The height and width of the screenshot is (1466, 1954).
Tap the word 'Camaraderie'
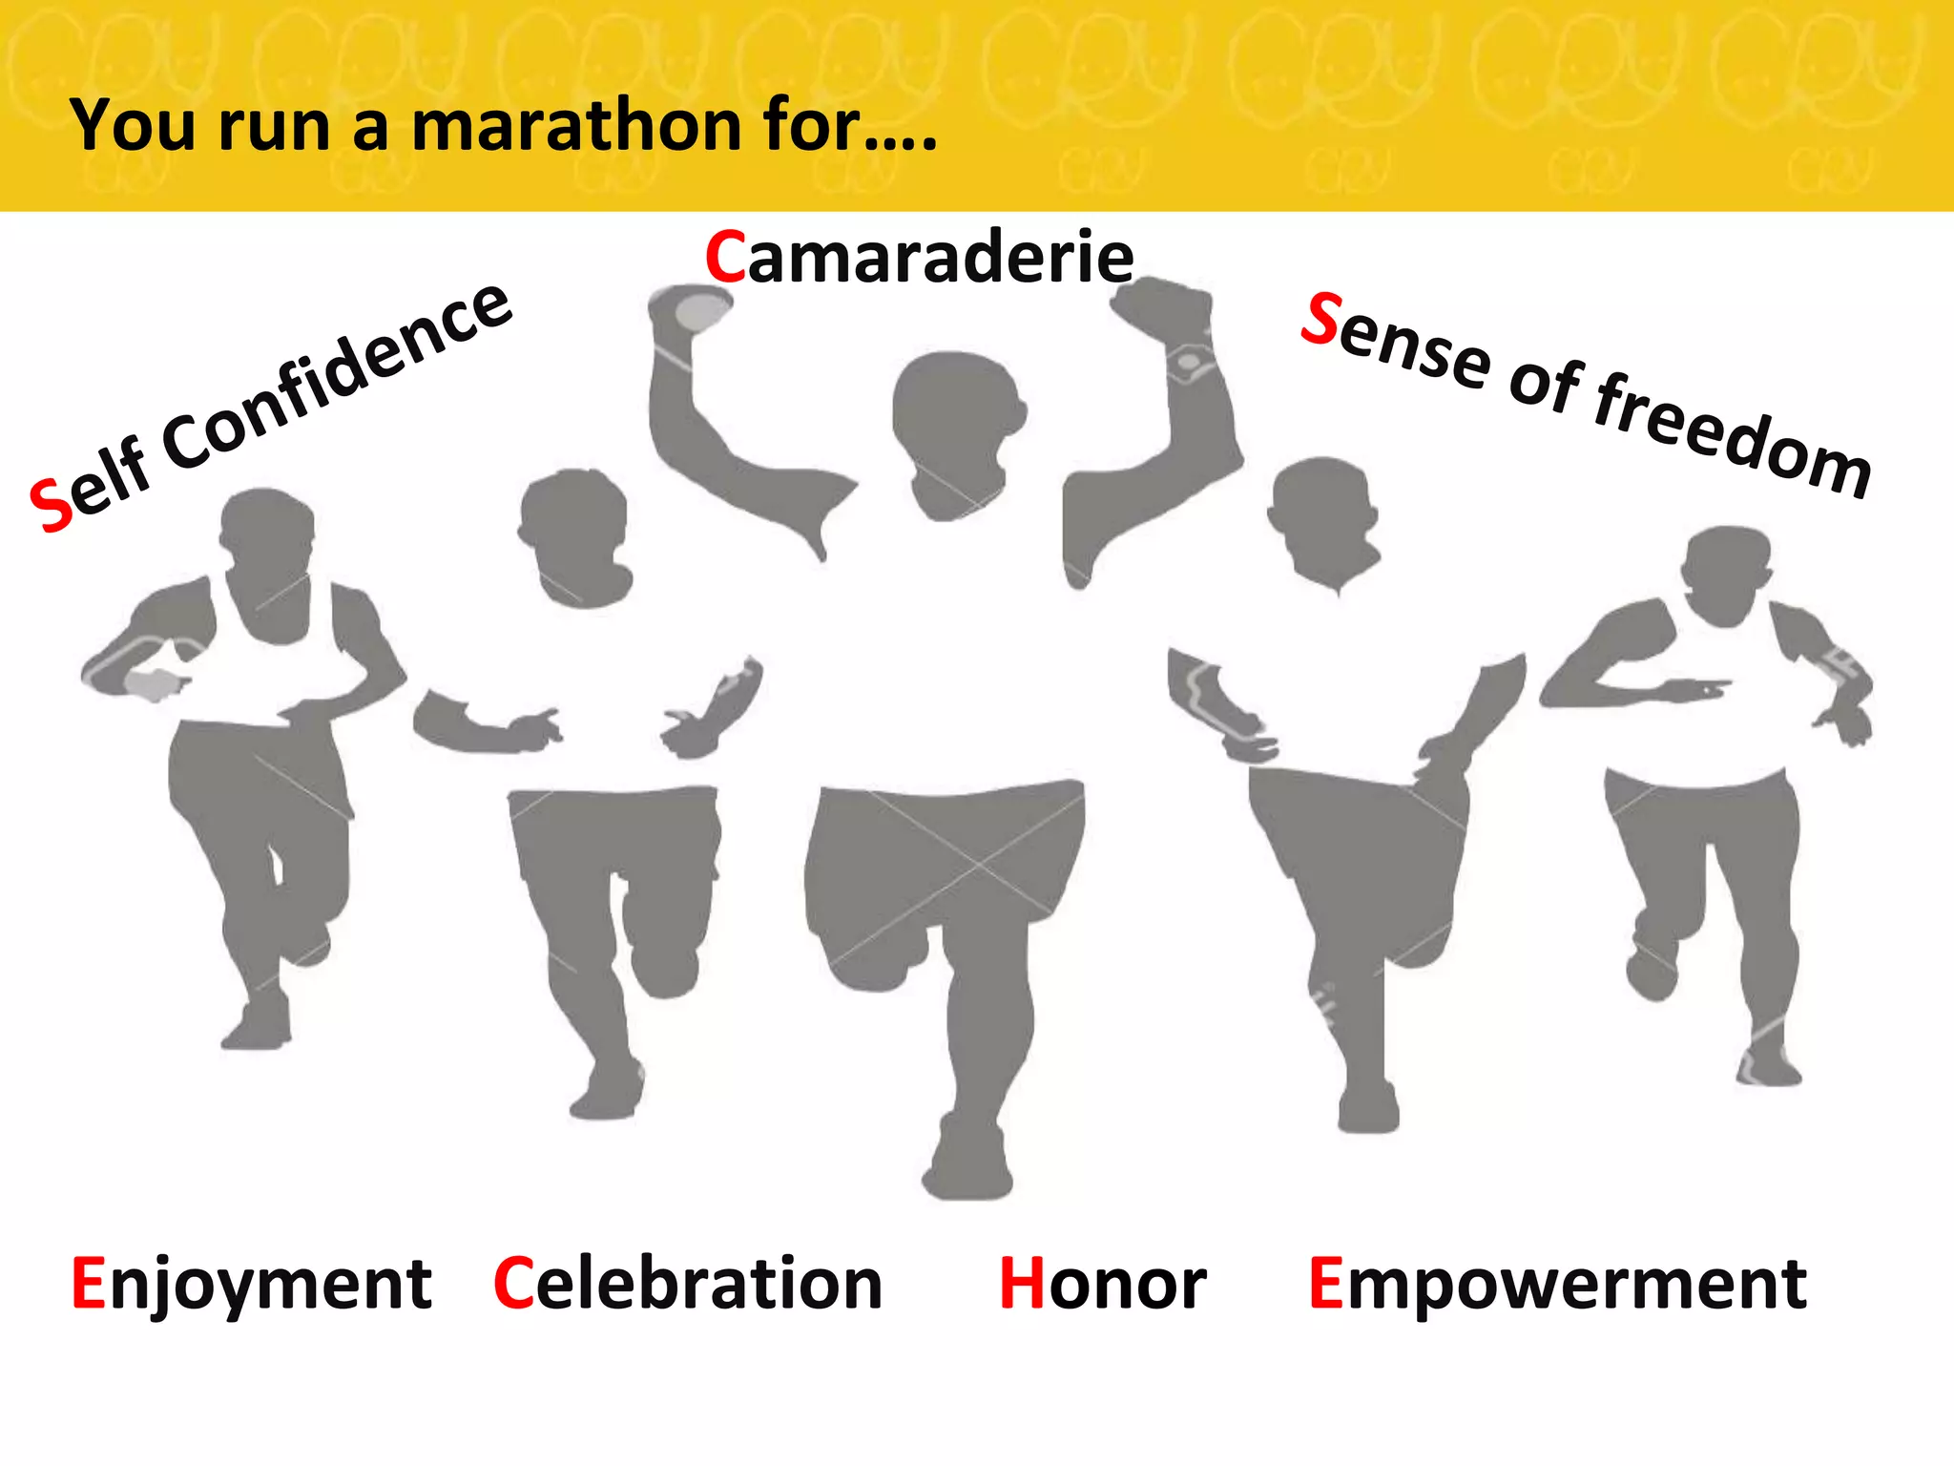point(919,258)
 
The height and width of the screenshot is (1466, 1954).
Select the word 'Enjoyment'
point(252,1284)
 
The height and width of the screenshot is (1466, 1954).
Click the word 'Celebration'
point(688,1284)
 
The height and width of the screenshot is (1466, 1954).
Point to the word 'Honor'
point(1103,1284)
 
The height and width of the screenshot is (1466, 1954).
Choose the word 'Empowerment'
point(1557,1284)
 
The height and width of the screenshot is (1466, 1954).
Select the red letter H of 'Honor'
point(1022,1284)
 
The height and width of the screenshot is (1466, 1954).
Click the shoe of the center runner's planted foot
point(967,1164)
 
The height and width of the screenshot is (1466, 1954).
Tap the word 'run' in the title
point(274,127)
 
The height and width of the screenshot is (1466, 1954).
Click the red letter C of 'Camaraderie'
point(725,258)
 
